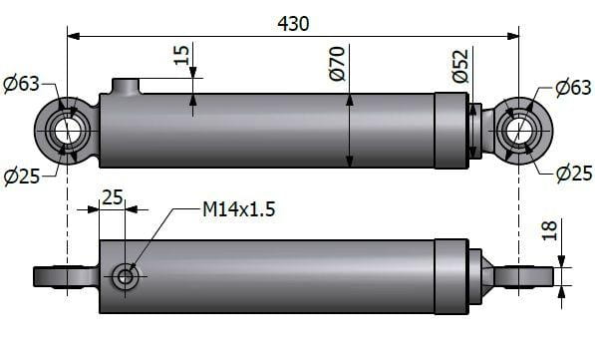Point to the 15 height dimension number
182,56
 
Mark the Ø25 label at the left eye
21,177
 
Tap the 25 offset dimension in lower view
112,197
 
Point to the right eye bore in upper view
518,131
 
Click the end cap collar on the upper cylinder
450,130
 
